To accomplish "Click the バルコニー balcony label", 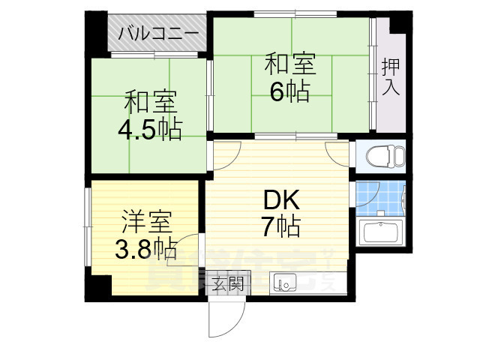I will pyautogui.click(x=159, y=34).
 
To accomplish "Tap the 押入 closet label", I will pyautogui.click(x=391, y=76).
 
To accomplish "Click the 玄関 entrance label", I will pyautogui.click(x=226, y=283).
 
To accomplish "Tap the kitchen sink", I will pyautogui.click(x=285, y=283).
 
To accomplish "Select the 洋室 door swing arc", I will pyautogui.click(x=188, y=247).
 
